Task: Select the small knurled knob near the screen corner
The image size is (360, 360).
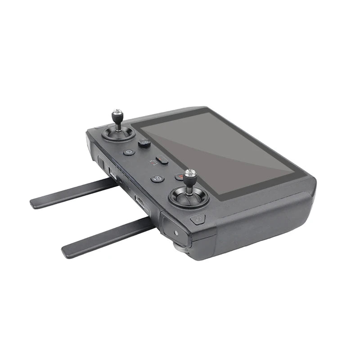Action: pyautogui.click(x=144, y=144)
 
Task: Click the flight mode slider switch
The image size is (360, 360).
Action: pyautogui.click(x=162, y=159)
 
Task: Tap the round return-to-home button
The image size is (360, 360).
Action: pyautogui.click(x=129, y=152)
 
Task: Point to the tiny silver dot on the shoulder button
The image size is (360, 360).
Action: pyautogui.click(x=175, y=234)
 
